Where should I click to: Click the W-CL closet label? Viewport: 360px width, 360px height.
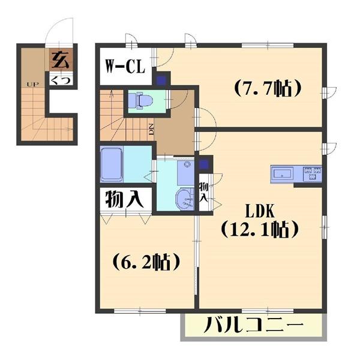tap(126, 67)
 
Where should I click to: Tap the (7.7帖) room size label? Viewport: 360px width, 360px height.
tap(266, 89)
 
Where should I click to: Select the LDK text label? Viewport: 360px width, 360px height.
tap(259, 210)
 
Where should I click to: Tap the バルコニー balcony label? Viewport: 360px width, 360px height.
tap(253, 328)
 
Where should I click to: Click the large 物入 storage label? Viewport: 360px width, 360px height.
tap(125, 199)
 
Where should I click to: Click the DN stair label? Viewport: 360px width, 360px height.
tap(151, 128)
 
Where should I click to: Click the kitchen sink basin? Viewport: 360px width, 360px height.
tap(283, 174)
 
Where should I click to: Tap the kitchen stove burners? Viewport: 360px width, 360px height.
tap(313, 174)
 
